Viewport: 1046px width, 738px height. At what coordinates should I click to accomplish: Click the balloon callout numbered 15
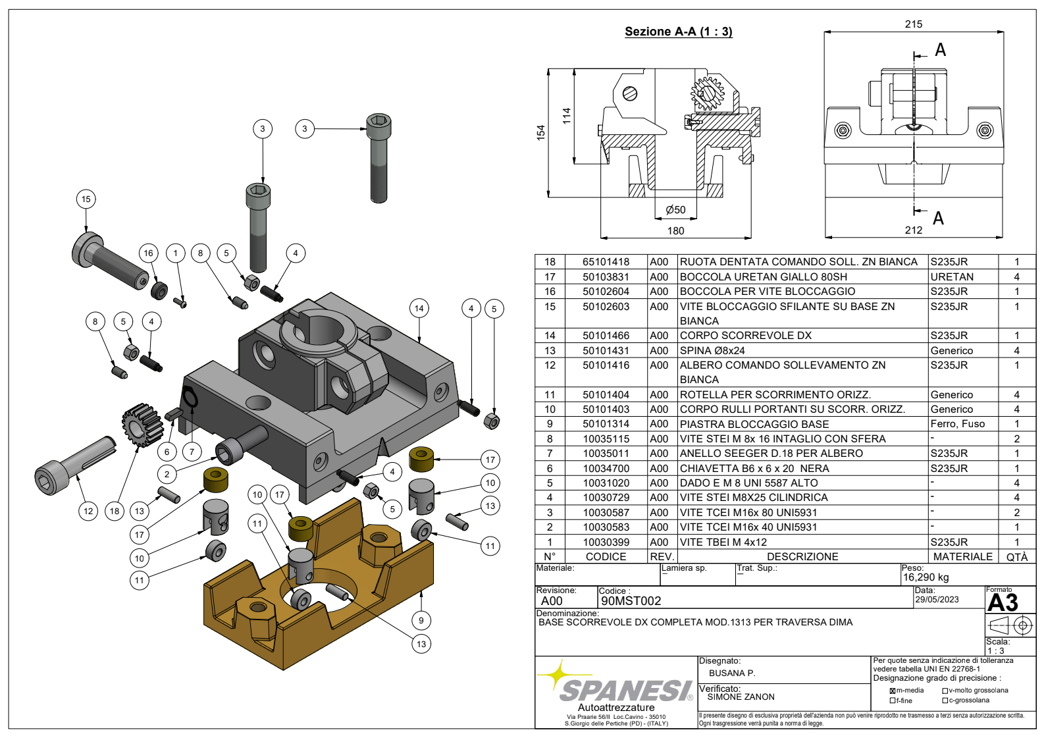(x=86, y=199)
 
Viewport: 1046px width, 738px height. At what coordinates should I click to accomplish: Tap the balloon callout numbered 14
(x=419, y=308)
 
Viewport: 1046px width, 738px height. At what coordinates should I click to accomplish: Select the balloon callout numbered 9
(x=421, y=620)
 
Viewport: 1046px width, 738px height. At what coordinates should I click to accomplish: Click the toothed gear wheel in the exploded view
(x=142, y=425)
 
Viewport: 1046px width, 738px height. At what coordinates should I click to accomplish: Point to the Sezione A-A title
(x=678, y=32)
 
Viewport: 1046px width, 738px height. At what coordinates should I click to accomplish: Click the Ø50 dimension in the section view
(x=675, y=210)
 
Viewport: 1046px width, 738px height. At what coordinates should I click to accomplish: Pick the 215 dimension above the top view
(x=914, y=24)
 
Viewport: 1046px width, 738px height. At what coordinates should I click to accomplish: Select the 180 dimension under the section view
(x=675, y=231)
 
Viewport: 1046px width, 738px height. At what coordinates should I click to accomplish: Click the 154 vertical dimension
(x=541, y=132)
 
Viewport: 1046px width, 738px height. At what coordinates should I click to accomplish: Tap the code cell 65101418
(x=606, y=262)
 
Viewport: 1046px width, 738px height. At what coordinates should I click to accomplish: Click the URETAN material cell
(x=952, y=277)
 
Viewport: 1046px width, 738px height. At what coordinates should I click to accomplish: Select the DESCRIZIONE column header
(x=802, y=557)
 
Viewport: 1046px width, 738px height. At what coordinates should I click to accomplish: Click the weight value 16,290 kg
(x=926, y=577)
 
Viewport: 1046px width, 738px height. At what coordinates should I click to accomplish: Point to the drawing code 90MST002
(x=631, y=601)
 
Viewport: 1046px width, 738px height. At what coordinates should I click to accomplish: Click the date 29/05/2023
(x=937, y=600)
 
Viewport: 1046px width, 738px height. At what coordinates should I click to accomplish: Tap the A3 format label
(x=1003, y=603)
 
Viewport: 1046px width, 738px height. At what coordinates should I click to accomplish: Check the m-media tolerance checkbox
(x=893, y=691)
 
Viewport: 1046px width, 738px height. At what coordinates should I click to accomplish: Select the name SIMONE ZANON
(x=741, y=697)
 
